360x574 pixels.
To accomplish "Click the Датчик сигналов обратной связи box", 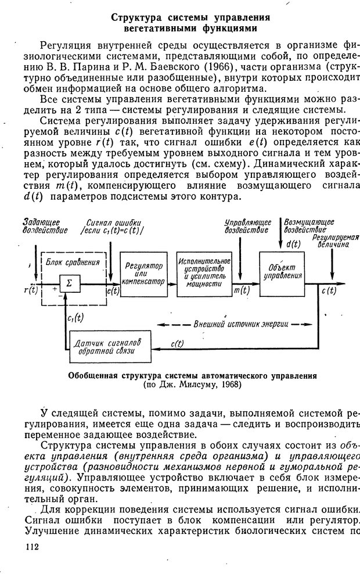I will tap(108, 342).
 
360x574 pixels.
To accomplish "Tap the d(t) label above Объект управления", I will tap(293, 243).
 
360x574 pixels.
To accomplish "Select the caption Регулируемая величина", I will tap(336, 241).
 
